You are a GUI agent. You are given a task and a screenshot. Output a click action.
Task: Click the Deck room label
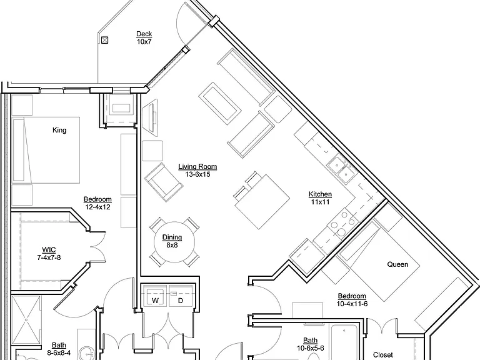pyautogui.click(x=144, y=34)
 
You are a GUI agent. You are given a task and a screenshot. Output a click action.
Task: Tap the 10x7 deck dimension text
pyautogui.click(x=144, y=42)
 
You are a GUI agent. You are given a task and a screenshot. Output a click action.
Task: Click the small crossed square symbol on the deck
pyautogui.click(x=105, y=40)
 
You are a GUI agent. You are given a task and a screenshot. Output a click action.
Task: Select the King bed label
pyautogui.click(x=59, y=130)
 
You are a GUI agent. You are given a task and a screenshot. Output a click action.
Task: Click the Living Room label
pyautogui.click(x=197, y=166)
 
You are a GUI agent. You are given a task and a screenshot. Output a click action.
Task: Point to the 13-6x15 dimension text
pyautogui.click(x=197, y=174)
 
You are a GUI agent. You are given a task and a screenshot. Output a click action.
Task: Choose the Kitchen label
pyautogui.click(x=320, y=194)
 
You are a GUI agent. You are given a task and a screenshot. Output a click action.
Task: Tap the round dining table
pyautogui.click(x=174, y=242)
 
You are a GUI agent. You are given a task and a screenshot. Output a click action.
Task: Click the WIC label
pyautogui.click(x=49, y=250)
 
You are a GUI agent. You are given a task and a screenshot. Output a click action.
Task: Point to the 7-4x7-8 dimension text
pyautogui.click(x=49, y=257)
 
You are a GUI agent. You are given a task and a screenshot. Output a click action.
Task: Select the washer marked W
pyautogui.click(x=155, y=296)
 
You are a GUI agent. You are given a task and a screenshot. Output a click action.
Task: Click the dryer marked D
pyautogui.click(x=181, y=296)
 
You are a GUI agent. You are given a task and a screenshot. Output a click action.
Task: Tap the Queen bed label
pyautogui.click(x=397, y=264)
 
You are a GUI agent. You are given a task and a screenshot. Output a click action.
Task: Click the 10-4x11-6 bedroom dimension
pyautogui.click(x=352, y=304)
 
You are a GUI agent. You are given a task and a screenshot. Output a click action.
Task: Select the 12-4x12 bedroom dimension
pyautogui.click(x=97, y=207)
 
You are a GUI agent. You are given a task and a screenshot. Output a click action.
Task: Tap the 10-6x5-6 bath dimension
pyautogui.click(x=311, y=348)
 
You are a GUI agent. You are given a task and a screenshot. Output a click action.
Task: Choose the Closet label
pyautogui.click(x=383, y=355)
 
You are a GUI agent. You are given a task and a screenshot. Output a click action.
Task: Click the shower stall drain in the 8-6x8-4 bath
pyautogui.click(x=26, y=320)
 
